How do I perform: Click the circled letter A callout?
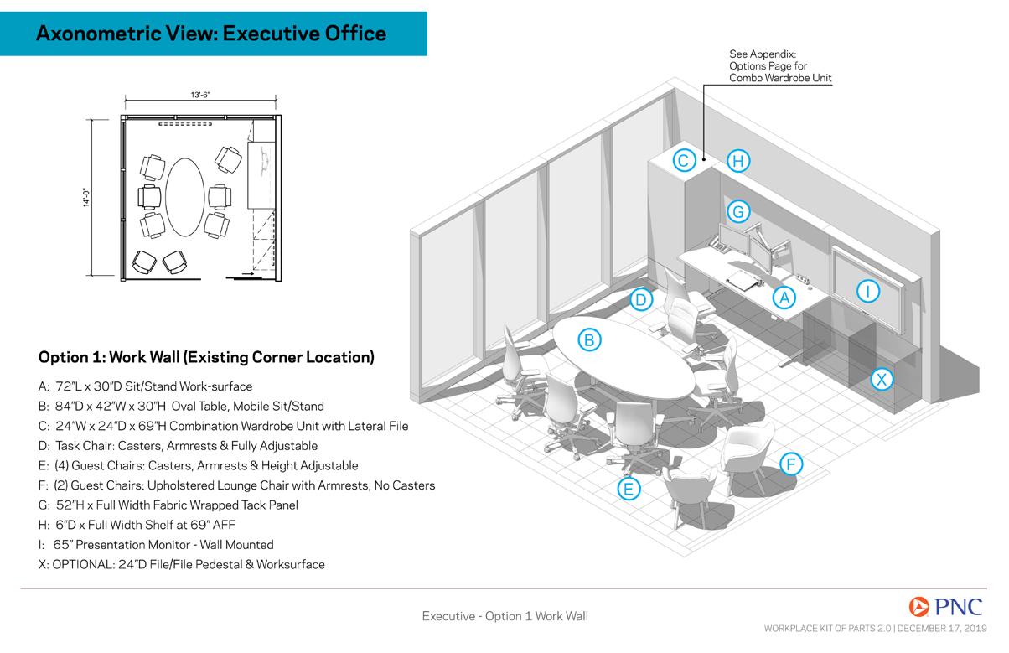pyautogui.click(x=783, y=297)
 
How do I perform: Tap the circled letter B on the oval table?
pyautogui.click(x=589, y=339)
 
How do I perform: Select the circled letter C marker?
pyautogui.click(x=683, y=160)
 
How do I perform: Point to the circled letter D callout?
pyautogui.click(x=640, y=299)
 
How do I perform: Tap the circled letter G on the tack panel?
pyautogui.click(x=737, y=211)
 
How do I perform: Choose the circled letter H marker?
pyautogui.click(x=737, y=160)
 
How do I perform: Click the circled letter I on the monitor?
pyautogui.click(x=869, y=291)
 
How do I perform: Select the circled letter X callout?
pyautogui.click(x=882, y=379)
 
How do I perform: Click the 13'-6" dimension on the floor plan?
pyautogui.click(x=199, y=96)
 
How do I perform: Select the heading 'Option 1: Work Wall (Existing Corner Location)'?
pyautogui.click(x=206, y=357)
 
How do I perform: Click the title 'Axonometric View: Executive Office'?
pyautogui.click(x=212, y=34)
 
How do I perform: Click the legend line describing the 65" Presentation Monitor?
pyautogui.click(x=156, y=545)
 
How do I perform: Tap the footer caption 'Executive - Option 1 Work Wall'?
pyautogui.click(x=504, y=616)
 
